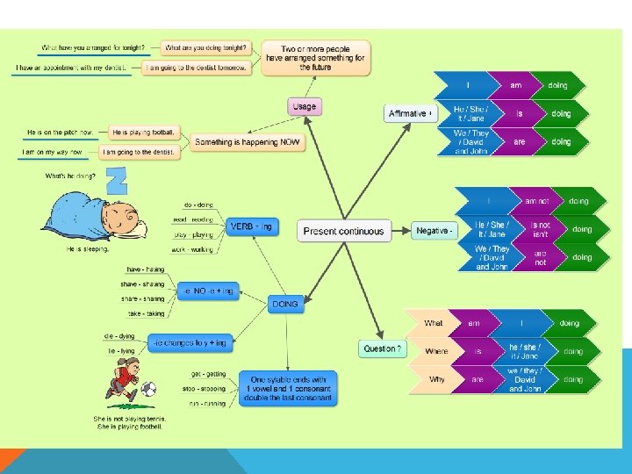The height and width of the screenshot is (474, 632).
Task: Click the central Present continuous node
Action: coord(343,231)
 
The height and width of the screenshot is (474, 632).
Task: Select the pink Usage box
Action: coord(304,107)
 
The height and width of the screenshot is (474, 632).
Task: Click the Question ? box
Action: coord(383,348)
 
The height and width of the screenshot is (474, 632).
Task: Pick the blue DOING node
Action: coord(284,304)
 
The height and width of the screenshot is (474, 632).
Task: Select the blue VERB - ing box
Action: coord(250,226)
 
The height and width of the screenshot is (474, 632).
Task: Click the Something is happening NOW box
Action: coord(248,142)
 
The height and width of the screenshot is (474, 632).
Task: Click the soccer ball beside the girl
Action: coord(148,388)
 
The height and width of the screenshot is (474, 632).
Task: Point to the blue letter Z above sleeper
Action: coord(116,182)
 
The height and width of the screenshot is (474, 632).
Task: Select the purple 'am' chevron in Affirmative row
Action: coord(519,85)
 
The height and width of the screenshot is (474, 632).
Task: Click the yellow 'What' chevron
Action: coord(434,324)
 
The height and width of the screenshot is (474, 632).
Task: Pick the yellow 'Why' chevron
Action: coord(436,379)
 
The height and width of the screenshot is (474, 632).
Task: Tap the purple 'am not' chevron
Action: coord(535,201)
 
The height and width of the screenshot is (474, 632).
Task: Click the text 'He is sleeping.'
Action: coord(88,249)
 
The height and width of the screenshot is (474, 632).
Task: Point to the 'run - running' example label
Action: coord(207,404)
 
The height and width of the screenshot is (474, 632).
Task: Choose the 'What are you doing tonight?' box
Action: coord(206,47)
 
